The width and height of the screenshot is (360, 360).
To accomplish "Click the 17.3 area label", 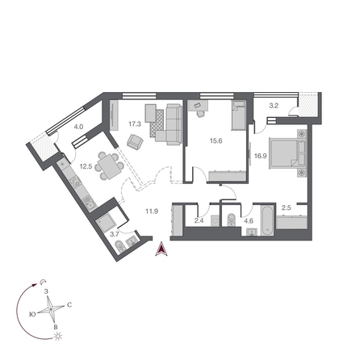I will tap(135, 125).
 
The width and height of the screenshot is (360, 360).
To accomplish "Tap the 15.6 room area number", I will tap(215, 141).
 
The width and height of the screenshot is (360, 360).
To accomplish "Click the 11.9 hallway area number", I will tap(151, 213).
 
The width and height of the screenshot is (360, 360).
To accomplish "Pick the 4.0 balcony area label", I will tap(78, 128).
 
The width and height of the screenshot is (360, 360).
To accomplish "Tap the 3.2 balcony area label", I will tap(274, 105).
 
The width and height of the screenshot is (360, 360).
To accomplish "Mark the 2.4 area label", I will tap(199, 220).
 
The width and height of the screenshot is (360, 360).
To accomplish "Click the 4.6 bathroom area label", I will tap(249, 220).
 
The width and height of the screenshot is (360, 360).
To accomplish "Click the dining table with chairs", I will tap(107, 167).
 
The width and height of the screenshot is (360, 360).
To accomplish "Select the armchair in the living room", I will tap(135, 142).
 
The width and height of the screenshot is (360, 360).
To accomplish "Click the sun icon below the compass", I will tap(57, 333).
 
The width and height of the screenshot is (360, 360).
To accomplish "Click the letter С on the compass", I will tap(69, 304).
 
